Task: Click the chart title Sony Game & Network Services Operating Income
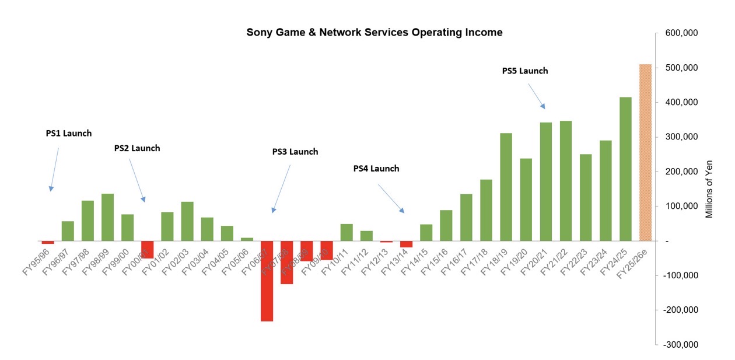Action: tap(374, 33)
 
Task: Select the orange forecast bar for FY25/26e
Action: tap(645, 152)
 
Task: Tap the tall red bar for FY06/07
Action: tap(267, 281)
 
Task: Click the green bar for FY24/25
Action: tap(625, 169)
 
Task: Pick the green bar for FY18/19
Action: tap(506, 187)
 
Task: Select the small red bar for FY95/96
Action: tap(48, 242)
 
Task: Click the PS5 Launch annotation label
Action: tap(525, 71)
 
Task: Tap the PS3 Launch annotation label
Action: tap(295, 152)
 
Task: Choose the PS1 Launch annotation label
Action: tap(69, 133)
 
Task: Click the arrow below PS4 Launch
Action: tap(391, 198)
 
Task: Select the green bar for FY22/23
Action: tap(586, 197)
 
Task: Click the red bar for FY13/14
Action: tap(406, 244)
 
